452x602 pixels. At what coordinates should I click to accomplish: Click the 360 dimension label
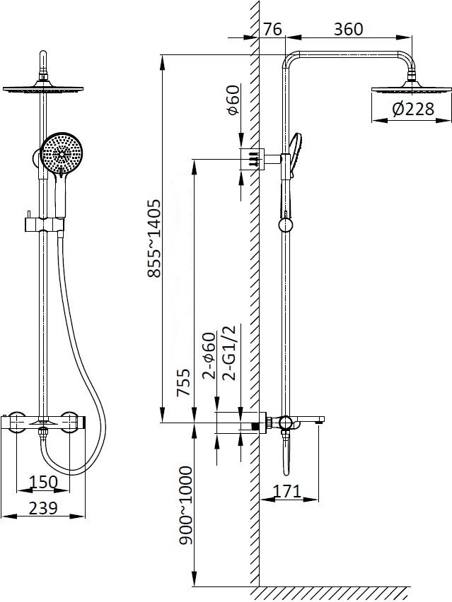348,29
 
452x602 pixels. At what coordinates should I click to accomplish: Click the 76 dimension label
272,29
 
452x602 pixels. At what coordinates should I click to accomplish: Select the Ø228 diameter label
413,109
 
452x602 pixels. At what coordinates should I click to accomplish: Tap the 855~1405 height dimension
153,238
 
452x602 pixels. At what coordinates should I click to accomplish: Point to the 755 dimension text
183,382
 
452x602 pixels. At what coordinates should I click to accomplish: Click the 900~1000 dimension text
186,505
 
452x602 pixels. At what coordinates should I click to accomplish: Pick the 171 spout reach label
286,491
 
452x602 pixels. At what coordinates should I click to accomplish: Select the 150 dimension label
43,482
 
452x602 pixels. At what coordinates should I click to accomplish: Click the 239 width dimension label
43,508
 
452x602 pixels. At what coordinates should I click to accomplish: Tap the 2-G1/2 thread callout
229,353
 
